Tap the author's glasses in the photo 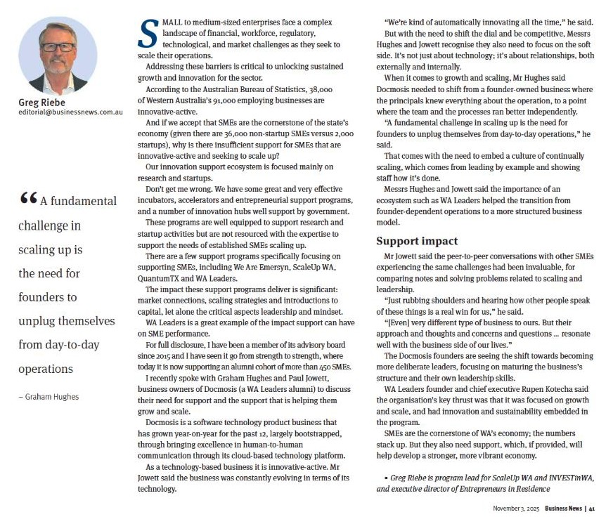(x=58, y=46)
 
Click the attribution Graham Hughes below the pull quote (x=51, y=397)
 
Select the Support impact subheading (x=417, y=241)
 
